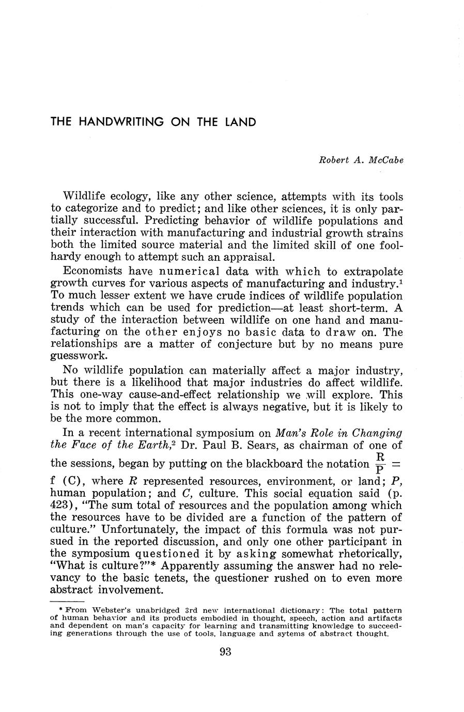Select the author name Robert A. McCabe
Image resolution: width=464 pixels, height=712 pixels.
click(x=361, y=160)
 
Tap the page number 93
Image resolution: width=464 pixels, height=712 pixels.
click(x=225, y=652)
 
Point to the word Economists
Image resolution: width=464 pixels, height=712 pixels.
click(x=92, y=272)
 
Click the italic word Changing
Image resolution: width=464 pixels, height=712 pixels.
click(x=380, y=433)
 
